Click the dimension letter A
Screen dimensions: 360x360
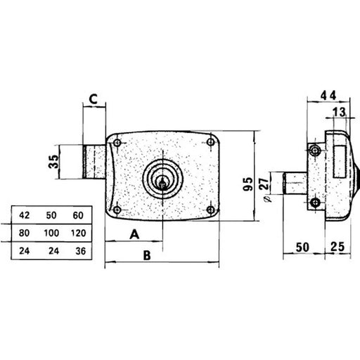(134, 234)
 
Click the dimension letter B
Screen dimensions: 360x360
(147, 256)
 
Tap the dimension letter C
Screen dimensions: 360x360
(93, 99)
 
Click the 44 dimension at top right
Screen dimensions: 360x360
(327, 94)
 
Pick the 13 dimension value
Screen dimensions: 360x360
(338, 112)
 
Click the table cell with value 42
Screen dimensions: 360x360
(23, 214)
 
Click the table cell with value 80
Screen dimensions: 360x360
(23, 231)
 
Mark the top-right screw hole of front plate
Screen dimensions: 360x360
(212, 143)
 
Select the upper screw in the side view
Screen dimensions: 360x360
(315, 149)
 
